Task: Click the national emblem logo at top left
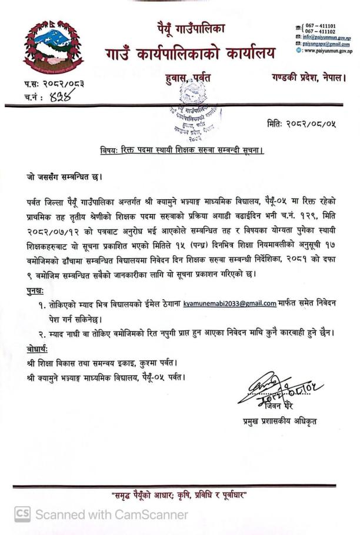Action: tap(54, 47)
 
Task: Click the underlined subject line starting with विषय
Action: tap(182, 151)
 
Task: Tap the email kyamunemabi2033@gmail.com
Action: tap(229, 303)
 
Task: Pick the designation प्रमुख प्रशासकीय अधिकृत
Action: tap(279, 421)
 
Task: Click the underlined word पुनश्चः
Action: tap(39, 291)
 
